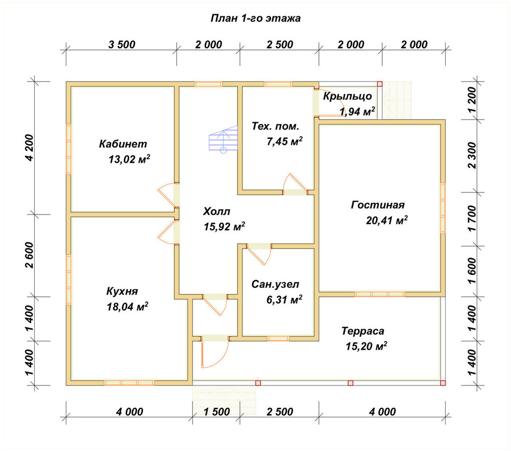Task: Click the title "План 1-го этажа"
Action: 255,18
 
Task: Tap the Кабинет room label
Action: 123,144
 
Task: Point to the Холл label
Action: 216,211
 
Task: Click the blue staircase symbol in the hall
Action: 223,139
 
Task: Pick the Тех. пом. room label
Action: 275,126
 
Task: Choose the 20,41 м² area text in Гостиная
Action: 386,220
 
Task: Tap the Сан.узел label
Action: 275,284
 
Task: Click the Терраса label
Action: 363,331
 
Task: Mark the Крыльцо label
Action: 347,96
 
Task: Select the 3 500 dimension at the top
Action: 122,45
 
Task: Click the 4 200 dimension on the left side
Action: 29,147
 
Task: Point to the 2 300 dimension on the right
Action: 472,155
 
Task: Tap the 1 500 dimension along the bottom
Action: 217,412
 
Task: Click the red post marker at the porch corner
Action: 380,84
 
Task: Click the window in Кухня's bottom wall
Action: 129,383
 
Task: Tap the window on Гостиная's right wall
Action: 443,208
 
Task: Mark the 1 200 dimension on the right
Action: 472,100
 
